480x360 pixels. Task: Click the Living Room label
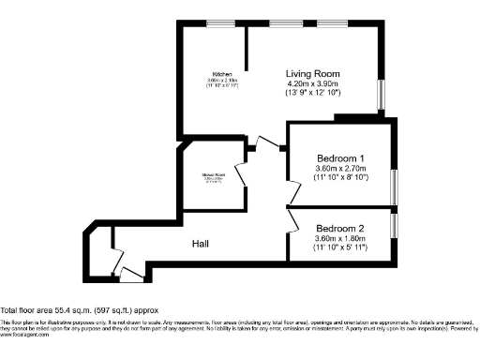(x=313, y=73)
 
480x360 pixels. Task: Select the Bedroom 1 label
(x=340, y=158)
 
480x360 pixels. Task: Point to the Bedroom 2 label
(x=340, y=229)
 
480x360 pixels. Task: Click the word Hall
(x=201, y=244)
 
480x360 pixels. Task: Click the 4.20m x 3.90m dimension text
(x=313, y=84)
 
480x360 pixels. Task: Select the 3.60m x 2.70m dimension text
(x=340, y=170)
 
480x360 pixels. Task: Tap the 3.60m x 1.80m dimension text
(x=340, y=240)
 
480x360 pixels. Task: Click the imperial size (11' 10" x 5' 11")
(x=340, y=249)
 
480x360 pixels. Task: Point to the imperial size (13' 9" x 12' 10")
(x=313, y=96)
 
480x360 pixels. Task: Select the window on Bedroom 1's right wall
(x=394, y=182)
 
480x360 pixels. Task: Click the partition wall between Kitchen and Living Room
(x=246, y=56)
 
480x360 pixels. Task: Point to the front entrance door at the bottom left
(x=130, y=277)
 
